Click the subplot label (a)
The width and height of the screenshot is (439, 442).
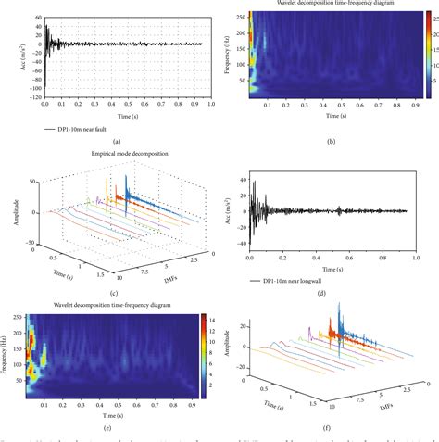117,140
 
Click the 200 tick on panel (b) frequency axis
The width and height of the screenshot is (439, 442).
240,33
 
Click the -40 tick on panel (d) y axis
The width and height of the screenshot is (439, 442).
241,245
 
